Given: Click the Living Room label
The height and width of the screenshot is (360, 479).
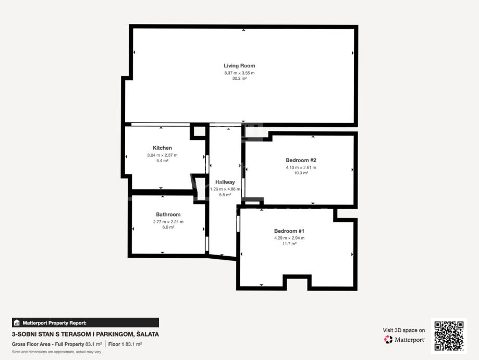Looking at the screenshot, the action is [x=239, y=66].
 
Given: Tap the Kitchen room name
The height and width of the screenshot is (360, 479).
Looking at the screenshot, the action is [x=162, y=148].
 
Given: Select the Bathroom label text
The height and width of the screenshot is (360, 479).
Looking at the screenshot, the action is [x=168, y=215].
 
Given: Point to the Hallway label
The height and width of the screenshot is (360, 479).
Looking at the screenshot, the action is [x=225, y=182].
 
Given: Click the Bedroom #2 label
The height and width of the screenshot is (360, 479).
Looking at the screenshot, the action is [x=301, y=160].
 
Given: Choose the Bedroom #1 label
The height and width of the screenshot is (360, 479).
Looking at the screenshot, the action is [x=289, y=231].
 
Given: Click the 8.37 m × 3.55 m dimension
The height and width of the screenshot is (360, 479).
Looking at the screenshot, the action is [x=239, y=73].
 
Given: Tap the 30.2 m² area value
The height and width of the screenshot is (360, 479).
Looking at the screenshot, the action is [x=239, y=79].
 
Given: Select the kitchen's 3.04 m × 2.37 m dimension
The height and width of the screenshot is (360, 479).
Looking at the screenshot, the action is [x=162, y=155].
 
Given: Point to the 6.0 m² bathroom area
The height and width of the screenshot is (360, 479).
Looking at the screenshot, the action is [x=168, y=227].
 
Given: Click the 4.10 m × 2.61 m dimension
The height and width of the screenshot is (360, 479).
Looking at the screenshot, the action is [x=301, y=167].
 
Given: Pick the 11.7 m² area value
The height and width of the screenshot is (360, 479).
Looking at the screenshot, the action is [x=289, y=244].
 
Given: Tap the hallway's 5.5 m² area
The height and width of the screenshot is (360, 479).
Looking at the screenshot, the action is [x=225, y=195].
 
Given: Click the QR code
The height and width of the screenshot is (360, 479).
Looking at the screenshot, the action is [x=449, y=336].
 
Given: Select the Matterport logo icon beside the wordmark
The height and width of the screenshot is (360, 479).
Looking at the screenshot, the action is [x=388, y=340].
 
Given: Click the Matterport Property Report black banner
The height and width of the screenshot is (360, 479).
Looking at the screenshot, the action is [x=85, y=322].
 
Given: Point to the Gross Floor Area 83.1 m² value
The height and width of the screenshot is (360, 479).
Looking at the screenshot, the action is [x=93, y=344].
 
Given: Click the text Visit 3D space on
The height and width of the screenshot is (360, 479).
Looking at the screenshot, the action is [x=403, y=330].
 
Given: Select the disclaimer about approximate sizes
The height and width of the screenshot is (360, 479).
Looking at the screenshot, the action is [x=56, y=352].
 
